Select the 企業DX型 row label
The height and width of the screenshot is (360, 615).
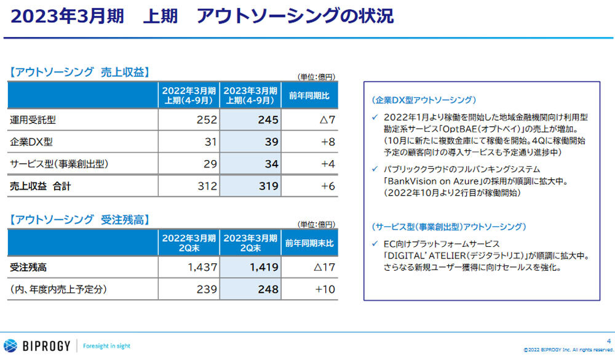pyautogui.click(x=31, y=142)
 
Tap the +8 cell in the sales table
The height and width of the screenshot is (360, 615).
pyautogui.click(x=327, y=142)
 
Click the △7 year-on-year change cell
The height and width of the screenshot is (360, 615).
pyautogui.click(x=327, y=120)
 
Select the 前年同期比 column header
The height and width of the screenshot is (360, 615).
pyautogui.click(x=309, y=95)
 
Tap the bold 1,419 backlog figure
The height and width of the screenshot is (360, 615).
pyautogui.click(x=263, y=268)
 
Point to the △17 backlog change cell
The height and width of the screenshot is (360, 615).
pyautogui.click(x=324, y=268)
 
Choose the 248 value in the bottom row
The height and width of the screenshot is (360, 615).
pyautogui.click(x=268, y=289)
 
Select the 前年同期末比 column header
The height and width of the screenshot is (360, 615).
pyautogui.click(x=309, y=243)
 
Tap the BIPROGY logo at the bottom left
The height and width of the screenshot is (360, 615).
pyautogui.click(x=37, y=345)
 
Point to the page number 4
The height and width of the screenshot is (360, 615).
pyautogui.click(x=606, y=334)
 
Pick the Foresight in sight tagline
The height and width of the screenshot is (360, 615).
pyautogui.click(x=106, y=346)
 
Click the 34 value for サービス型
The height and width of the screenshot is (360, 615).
pyautogui.click(x=271, y=164)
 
